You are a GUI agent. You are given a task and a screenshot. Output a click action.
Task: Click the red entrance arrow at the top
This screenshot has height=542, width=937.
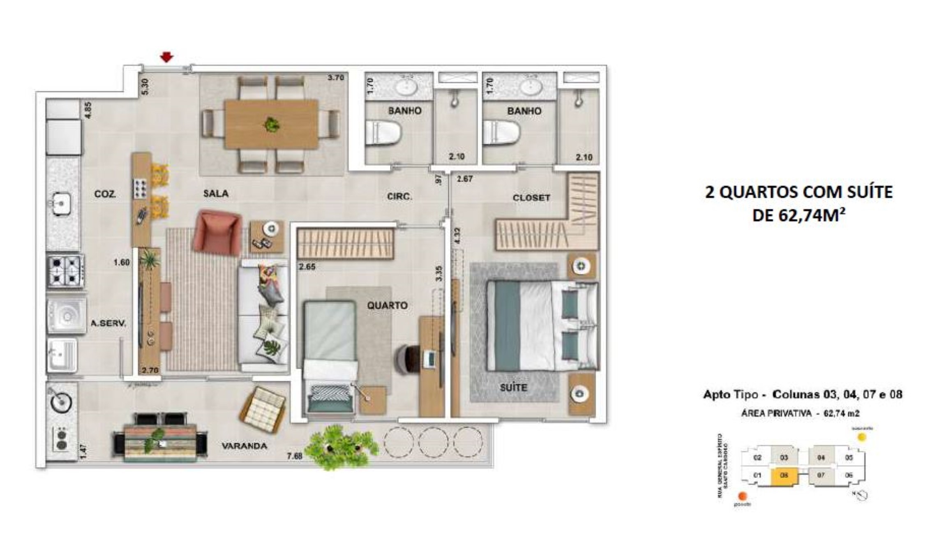166,57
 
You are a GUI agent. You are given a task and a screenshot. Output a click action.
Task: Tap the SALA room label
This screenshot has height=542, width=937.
216,194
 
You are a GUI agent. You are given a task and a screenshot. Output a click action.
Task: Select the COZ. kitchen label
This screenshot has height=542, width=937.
105,194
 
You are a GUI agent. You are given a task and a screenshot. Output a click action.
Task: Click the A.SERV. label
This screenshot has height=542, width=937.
108,323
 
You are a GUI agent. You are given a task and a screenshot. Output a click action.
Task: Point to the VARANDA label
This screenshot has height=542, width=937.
245,446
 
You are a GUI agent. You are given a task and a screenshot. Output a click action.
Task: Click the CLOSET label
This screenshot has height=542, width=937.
531,198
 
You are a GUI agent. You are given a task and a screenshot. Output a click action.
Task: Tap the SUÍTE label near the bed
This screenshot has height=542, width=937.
513,387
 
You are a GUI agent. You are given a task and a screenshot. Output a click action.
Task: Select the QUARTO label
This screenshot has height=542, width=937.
387,305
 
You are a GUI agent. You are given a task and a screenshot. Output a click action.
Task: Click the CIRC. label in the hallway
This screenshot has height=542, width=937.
399,197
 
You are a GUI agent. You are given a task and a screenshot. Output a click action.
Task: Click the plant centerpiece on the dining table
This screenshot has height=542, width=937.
271,124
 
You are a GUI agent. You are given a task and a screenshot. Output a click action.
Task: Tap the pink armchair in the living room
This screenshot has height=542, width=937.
217,232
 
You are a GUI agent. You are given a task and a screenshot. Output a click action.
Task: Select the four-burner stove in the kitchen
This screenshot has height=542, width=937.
65,271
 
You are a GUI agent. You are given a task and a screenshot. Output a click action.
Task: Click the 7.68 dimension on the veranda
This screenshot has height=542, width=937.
295,456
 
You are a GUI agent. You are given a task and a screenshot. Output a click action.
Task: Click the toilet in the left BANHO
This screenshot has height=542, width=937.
382,132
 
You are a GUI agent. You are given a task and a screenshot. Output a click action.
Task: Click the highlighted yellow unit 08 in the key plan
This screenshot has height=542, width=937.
784,475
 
